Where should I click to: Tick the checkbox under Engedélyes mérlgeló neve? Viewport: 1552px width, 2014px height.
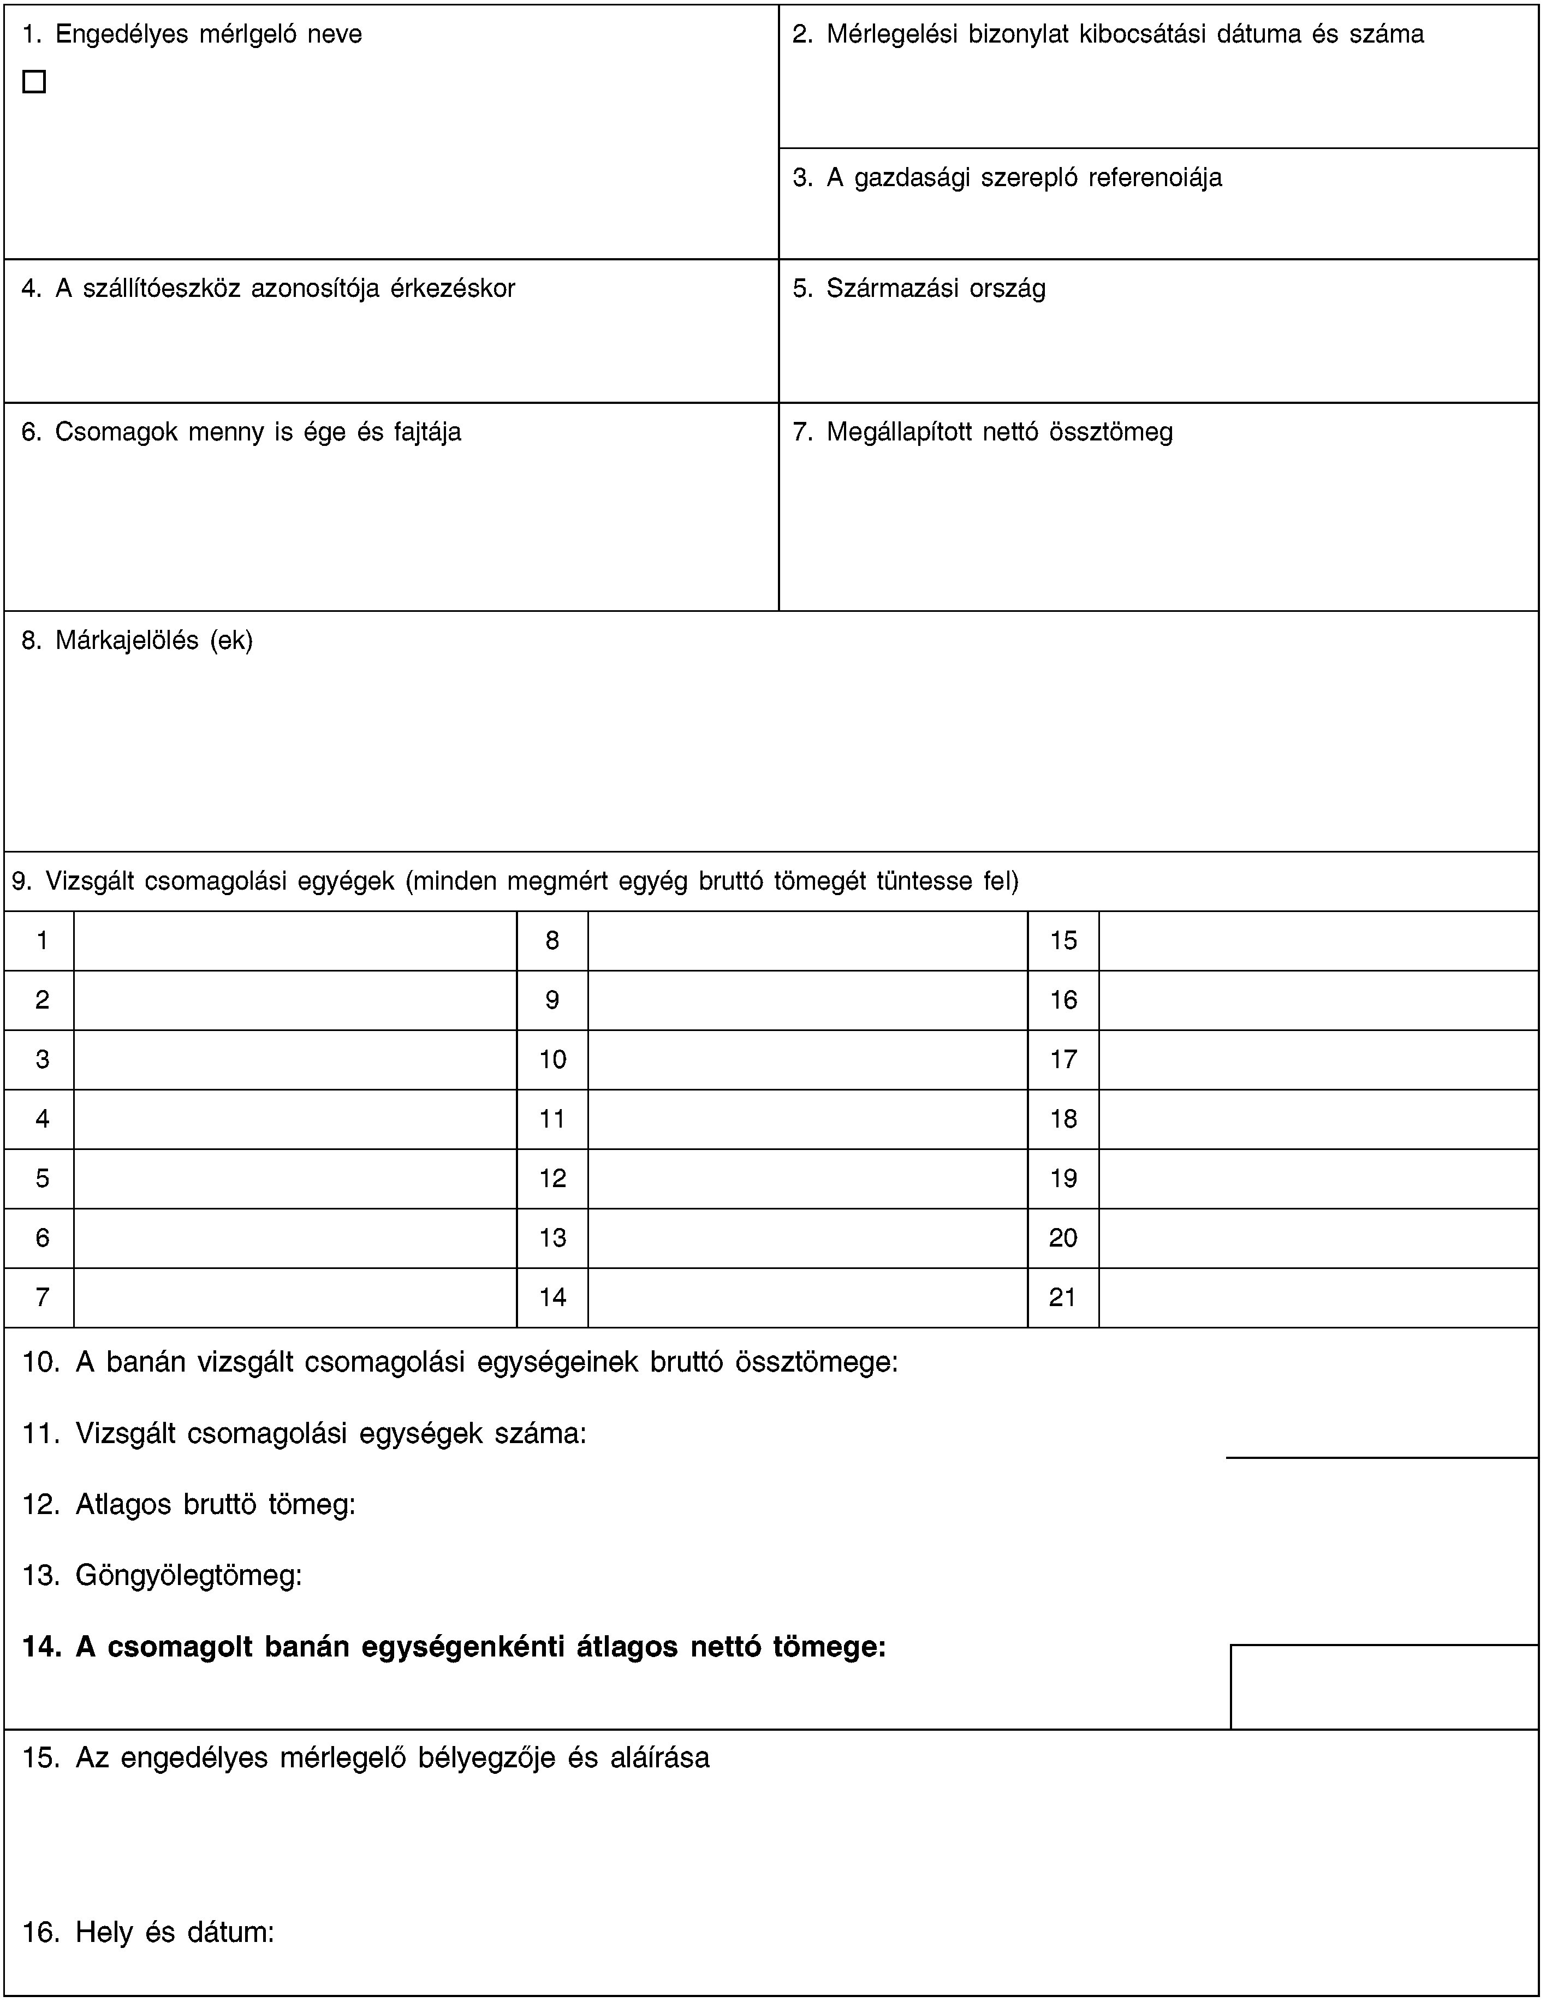(x=34, y=82)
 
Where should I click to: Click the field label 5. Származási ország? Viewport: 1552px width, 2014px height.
(x=918, y=289)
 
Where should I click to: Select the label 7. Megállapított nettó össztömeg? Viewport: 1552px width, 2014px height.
(x=983, y=432)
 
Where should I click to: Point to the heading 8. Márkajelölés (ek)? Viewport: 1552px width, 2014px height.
(x=138, y=640)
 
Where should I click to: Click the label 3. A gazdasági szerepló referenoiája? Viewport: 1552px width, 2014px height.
(x=1007, y=177)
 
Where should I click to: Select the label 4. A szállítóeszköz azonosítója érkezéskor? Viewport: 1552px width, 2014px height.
(x=269, y=289)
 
